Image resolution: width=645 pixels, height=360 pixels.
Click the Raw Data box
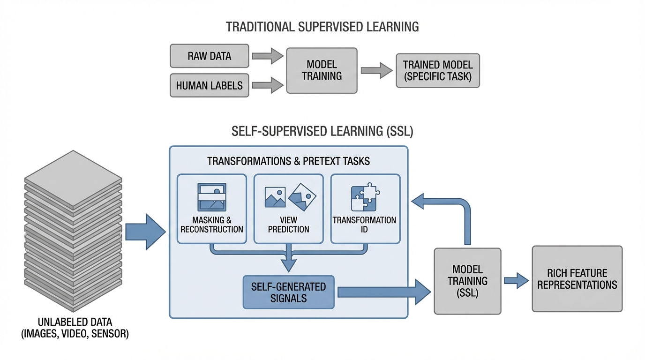209,56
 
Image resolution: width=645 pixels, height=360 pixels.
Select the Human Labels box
209,85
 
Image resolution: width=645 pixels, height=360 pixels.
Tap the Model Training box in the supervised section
322,70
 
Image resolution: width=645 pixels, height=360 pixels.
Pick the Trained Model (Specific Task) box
438,70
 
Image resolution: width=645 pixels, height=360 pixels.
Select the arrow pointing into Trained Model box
376,70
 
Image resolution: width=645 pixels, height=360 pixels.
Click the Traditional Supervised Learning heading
322,27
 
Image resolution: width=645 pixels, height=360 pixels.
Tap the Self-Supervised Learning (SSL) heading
322,132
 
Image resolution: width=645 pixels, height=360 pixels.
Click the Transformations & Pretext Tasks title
288,161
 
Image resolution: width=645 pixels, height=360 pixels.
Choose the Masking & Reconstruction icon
212,197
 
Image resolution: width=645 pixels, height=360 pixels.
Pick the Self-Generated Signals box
288,292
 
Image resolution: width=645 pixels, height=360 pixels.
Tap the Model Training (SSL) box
467,281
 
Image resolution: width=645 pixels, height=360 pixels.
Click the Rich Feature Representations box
577,279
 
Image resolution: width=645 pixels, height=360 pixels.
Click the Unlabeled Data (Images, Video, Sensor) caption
75,328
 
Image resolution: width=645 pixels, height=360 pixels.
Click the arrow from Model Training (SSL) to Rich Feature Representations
516,281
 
